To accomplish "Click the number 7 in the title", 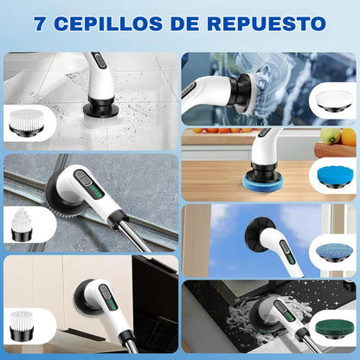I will (42, 22).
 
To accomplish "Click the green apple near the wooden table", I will (328, 136).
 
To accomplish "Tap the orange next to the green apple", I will (347, 137).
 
